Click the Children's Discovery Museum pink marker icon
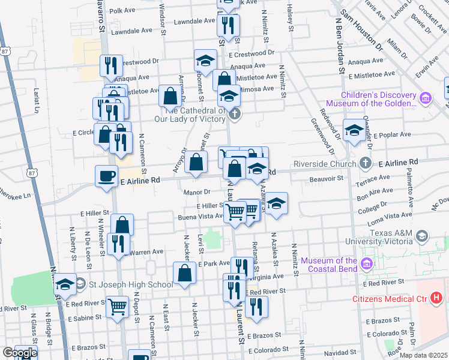point(426,98)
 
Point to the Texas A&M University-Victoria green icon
point(423,236)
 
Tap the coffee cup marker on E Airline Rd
point(107,176)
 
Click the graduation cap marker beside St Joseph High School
point(65,284)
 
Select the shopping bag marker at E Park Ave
point(184,274)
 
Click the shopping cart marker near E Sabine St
point(118,307)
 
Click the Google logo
point(19,353)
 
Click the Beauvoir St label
point(326,178)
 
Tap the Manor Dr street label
point(197,192)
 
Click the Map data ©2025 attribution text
point(424,355)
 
